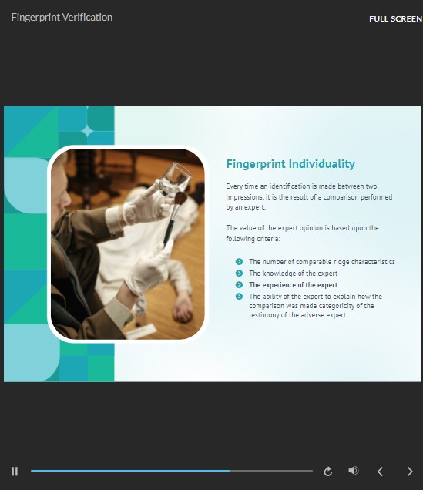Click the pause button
click(x=15, y=472)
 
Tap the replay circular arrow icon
click(x=328, y=472)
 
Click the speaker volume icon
click(x=354, y=471)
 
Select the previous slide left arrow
click(x=380, y=472)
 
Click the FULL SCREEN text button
click(x=395, y=18)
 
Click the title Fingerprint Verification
click(x=62, y=17)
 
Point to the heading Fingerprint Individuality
click(x=290, y=164)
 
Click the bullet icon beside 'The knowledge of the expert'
click(x=239, y=274)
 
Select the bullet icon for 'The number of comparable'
click(x=239, y=261)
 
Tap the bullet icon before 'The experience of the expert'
click(x=239, y=285)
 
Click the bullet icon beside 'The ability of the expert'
click(x=239, y=297)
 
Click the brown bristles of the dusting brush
click(x=180, y=199)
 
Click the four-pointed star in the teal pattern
click(x=88, y=131)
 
